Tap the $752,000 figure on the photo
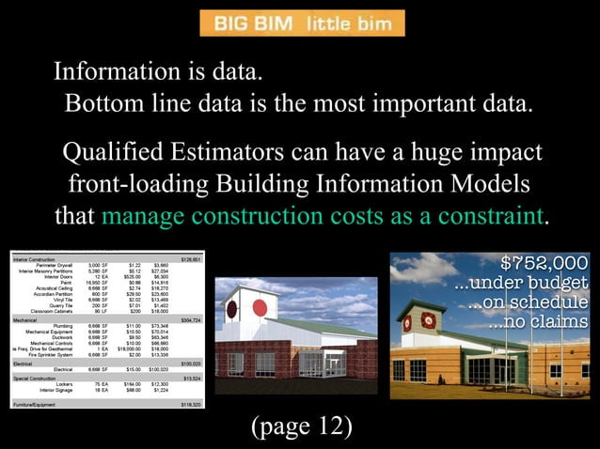(x=543, y=262)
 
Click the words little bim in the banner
(x=348, y=23)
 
